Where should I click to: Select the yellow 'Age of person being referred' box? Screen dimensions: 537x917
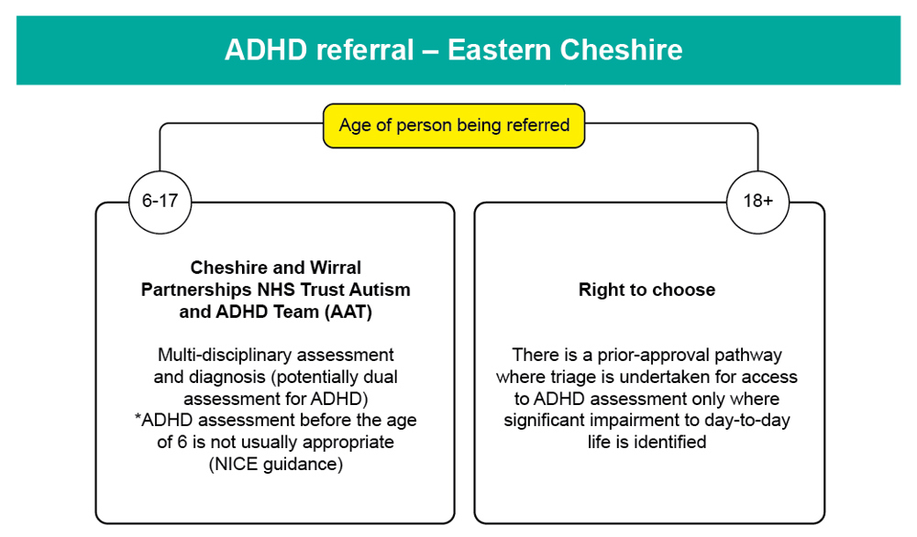454,126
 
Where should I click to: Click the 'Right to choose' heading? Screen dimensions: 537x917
646,290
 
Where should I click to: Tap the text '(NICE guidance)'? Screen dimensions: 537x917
275,465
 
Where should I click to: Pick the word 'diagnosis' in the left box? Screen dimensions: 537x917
227,377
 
